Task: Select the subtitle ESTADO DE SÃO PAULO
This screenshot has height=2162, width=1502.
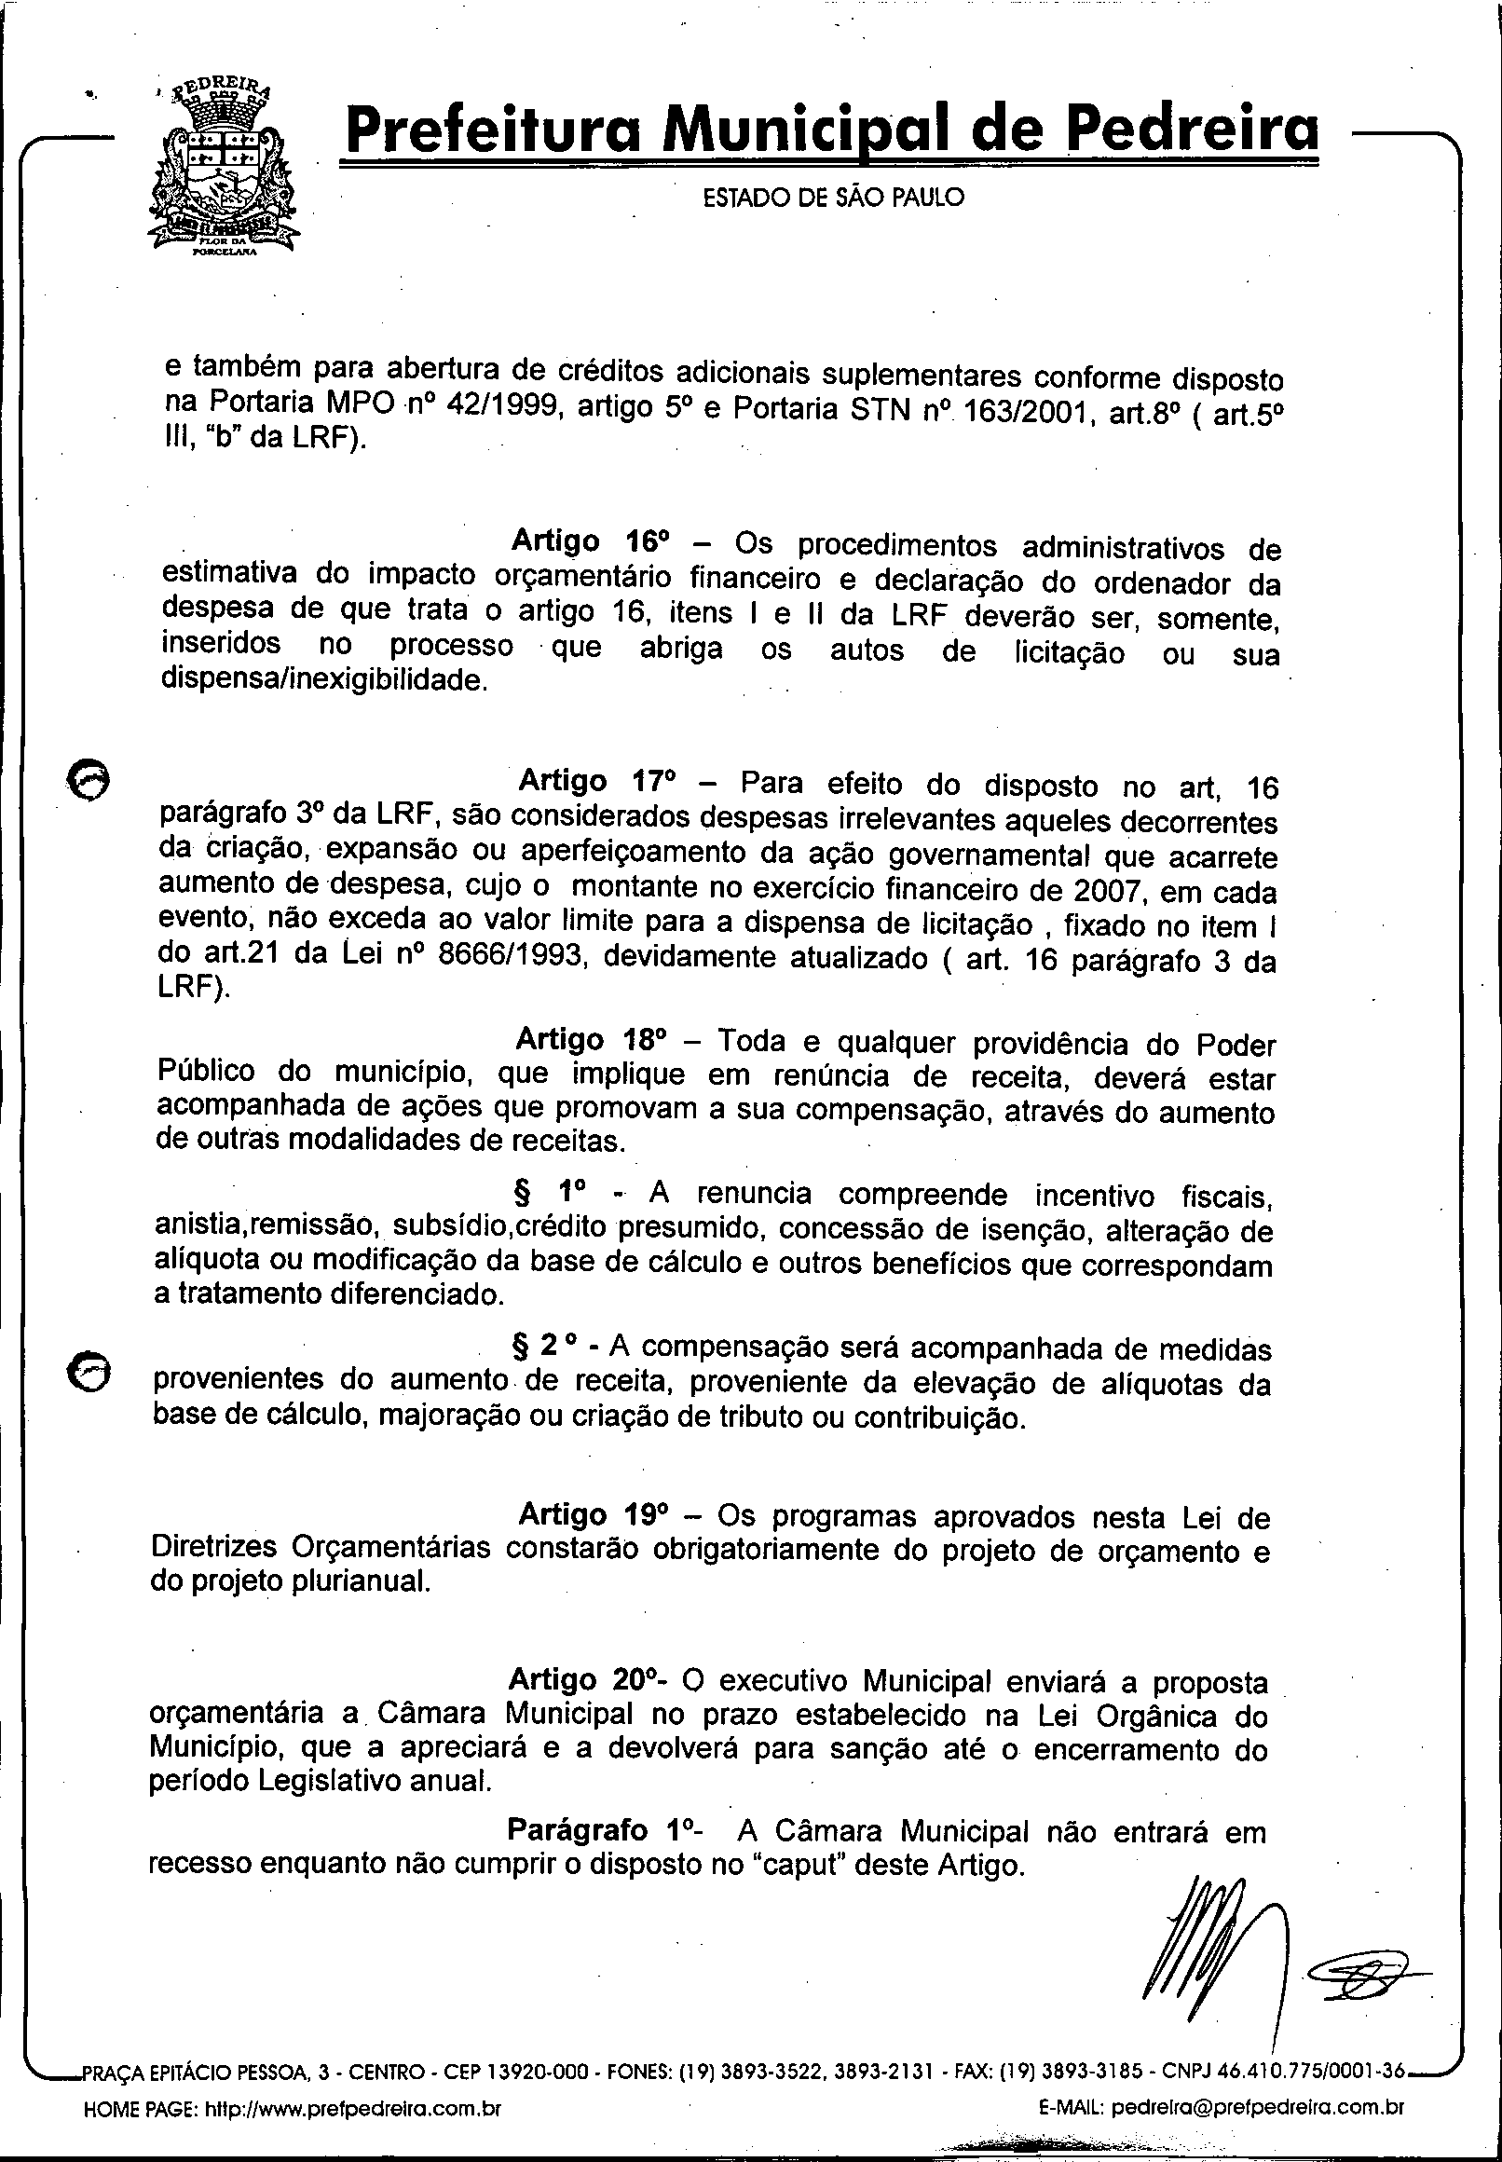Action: click(x=834, y=198)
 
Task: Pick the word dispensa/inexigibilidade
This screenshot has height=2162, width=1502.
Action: click(x=324, y=680)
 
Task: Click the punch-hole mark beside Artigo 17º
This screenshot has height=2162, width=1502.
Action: click(x=89, y=779)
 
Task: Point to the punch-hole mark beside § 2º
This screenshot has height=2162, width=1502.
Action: click(x=89, y=1374)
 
